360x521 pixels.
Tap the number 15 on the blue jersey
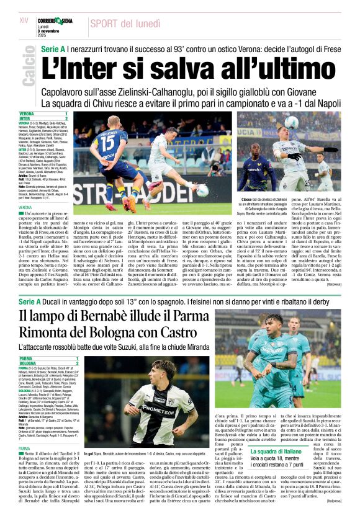pyautogui.click(x=107, y=143)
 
